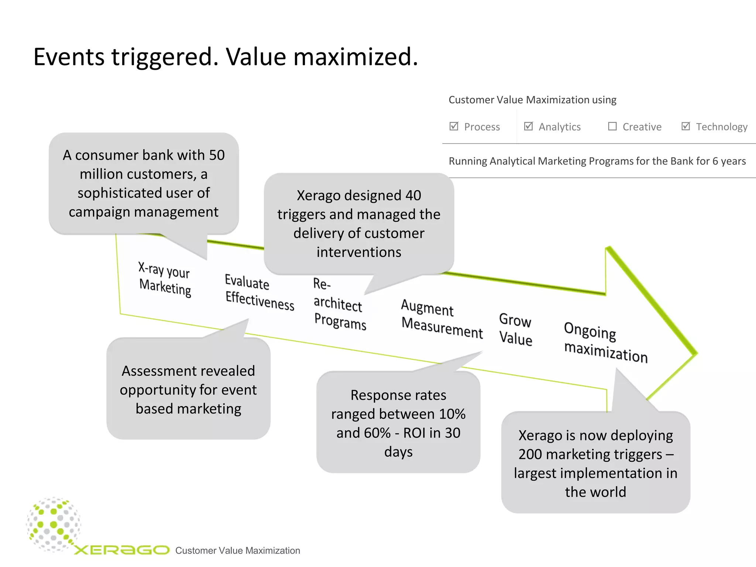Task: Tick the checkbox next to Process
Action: pos(454,126)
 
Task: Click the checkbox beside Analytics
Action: pos(528,126)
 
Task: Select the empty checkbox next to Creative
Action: pos(612,126)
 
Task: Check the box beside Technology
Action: pos(685,126)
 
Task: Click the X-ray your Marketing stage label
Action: pos(165,279)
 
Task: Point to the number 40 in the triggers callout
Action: pos(413,195)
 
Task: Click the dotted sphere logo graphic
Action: pos(54,524)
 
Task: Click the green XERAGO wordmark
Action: pos(122,550)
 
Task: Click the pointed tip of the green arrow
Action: pos(695,354)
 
